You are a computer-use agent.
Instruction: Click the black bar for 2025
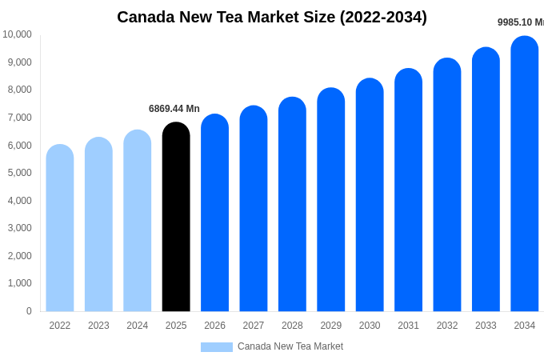point(176,217)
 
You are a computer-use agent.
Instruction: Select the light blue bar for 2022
point(60,228)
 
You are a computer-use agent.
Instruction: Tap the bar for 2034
point(525,174)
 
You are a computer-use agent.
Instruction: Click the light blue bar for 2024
point(138,221)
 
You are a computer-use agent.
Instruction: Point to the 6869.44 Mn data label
point(174,109)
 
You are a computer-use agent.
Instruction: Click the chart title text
point(272,17)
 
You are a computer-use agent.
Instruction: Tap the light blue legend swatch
point(216,347)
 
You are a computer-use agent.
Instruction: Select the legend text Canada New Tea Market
point(290,346)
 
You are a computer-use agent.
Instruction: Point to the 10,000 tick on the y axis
point(17,34)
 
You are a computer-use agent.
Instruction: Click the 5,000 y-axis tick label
point(19,173)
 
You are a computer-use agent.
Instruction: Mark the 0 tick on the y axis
point(29,311)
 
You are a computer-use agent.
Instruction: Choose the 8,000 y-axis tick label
point(19,90)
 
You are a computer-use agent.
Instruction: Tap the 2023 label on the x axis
point(98,326)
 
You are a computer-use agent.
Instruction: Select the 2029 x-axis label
point(331,326)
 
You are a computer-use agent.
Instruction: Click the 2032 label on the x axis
point(447,326)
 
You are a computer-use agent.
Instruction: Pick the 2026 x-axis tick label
point(214,326)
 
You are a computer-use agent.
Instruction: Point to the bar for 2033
point(486,179)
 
